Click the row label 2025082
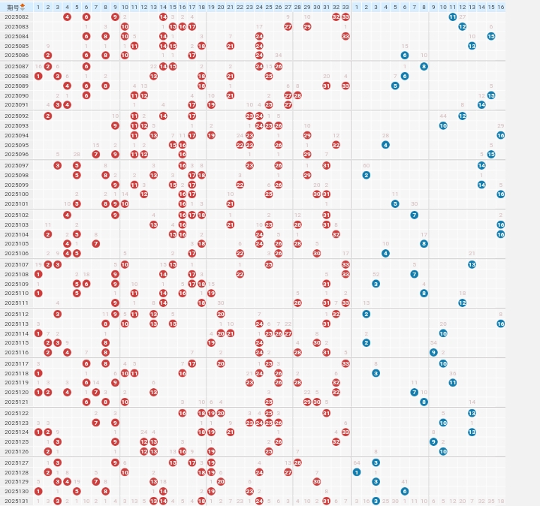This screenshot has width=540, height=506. [x=17, y=17]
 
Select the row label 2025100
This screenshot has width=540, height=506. [x=17, y=194]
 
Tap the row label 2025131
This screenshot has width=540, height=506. [x=17, y=501]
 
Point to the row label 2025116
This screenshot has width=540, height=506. [x=17, y=352]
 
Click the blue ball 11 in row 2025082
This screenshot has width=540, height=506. [x=453, y=17]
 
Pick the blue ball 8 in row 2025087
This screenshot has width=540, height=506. [x=424, y=66]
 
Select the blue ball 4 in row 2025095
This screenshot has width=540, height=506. [x=385, y=145]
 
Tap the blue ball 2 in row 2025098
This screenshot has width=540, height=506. [x=367, y=175]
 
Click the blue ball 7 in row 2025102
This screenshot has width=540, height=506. [x=415, y=215]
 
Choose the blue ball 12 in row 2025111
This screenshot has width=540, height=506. [x=463, y=303]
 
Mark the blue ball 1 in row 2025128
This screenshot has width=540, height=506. [x=357, y=472]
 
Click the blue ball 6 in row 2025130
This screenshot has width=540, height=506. [x=405, y=491]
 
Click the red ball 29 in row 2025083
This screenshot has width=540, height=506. [x=307, y=26]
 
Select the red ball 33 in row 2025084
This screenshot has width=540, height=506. [x=345, y=36]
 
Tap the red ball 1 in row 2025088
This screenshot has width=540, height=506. [x=38, y=76]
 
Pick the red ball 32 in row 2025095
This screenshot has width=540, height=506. [x=336, y=145]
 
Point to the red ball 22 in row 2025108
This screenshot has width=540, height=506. [x=240, y=274]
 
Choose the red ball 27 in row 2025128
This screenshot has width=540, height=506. [x=288, y=472]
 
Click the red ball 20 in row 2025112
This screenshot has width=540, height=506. [x=221, y=314]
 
